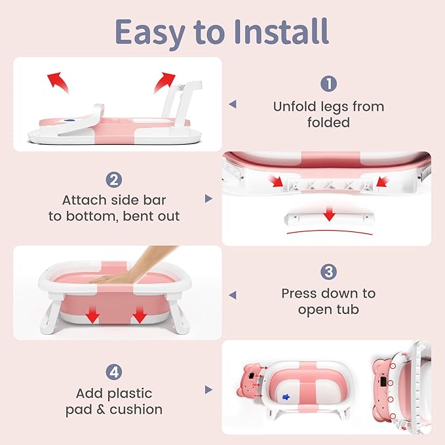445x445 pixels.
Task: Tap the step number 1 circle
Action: [328, 84]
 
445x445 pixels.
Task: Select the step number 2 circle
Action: [114, 179]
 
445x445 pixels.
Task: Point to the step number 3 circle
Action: [328, 271]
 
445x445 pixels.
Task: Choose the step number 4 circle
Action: [114, 371]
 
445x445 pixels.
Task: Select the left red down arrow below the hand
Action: [93, 317]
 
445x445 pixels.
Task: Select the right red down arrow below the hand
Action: [140, 317]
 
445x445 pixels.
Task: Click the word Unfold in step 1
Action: [294, 106]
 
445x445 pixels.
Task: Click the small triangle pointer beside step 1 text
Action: [232, 104]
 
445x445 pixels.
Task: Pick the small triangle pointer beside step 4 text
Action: [208, 390]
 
